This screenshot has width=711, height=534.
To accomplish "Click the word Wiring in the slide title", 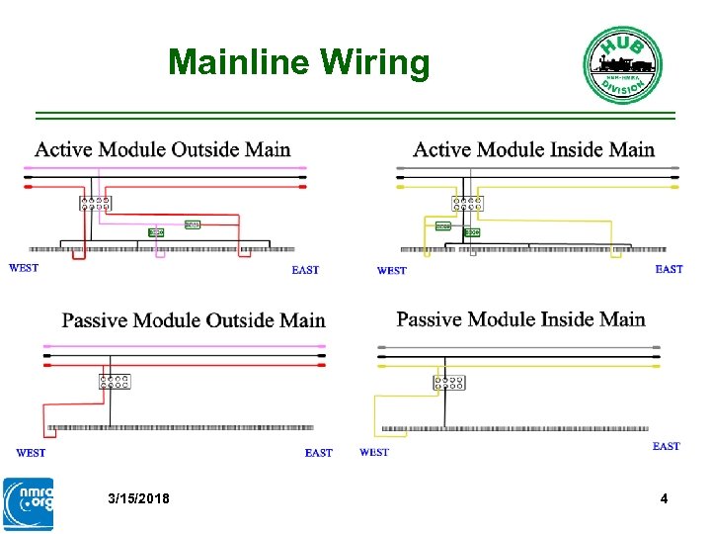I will tap(374, 63).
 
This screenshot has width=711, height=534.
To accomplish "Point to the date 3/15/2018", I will tap(138, 499).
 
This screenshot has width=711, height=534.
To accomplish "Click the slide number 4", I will tap(664, 499).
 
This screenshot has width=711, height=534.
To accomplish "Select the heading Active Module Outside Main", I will tap(163, 150).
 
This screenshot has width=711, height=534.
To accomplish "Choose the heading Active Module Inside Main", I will tap(533, 150).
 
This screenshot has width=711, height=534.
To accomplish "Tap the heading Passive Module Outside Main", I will tap(194, 320).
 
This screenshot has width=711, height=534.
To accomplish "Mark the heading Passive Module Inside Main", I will tap(520, 319).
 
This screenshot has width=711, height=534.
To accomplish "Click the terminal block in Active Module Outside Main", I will tap(95, 203).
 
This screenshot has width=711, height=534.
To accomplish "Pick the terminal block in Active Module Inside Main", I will tap(467, 204).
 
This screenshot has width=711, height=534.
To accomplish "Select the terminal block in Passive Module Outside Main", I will tap(115, 381).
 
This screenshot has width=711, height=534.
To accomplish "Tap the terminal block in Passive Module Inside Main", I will tap(448, 382).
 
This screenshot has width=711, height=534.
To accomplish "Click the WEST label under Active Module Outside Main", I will tap(24, 267).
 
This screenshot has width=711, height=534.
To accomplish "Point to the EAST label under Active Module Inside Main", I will tap(669, 269).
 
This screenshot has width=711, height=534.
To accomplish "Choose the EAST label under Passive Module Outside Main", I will tap(318, 453).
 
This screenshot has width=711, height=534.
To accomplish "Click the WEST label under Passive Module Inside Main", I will tap(374, 452).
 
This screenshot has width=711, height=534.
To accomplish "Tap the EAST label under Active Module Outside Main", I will tap(305, 270).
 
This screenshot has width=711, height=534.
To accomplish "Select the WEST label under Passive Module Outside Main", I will tap(31, 453).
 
